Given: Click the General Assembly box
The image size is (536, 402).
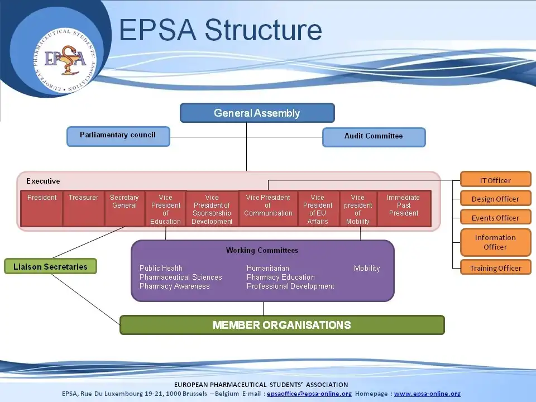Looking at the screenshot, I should (x=257, y=113).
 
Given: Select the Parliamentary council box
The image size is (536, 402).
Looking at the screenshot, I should (x=118, y=136).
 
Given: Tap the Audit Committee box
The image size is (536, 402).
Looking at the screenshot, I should (x=374, y=137).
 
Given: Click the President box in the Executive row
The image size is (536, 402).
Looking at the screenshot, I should (x=42, y=208).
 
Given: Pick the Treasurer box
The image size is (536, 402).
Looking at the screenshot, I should (x=83, y=208).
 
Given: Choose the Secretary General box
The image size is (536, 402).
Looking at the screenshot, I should (x=124, y=208).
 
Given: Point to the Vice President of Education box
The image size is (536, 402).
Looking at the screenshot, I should (x=165, y=209).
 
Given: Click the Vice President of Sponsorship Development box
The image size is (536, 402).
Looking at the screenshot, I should (x=212, y=209).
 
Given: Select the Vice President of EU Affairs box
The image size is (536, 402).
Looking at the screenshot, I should (x=318, y=209).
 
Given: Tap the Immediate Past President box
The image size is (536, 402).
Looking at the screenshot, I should (x=403, y=208).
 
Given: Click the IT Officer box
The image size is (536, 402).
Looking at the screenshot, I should (x=495, y=180).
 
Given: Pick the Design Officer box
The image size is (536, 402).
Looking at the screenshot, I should (x=495, y=199).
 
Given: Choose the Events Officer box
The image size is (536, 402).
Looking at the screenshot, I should (x=495, y=218).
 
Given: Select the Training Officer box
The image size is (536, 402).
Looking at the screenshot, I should (x=495, y=268).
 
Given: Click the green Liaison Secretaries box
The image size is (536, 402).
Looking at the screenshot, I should (x=50, y=266).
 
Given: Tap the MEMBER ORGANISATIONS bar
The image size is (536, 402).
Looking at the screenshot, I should (x=282, y=325).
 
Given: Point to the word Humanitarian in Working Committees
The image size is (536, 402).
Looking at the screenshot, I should (x=268, y=269).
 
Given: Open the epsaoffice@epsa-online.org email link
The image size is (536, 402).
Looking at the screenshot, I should (x=309, y=394).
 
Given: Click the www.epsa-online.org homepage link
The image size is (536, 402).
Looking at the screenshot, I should (x=427, y=394).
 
